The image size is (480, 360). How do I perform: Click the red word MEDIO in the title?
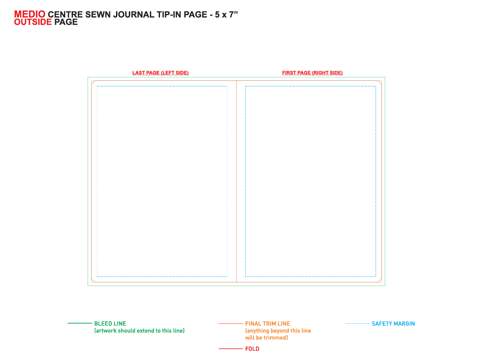pos(30,14)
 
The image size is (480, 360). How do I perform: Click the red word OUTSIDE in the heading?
pos(33,22)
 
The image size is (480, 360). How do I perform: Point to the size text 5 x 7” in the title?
pos(226,15)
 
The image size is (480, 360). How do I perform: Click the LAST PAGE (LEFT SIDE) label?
pos(160,73)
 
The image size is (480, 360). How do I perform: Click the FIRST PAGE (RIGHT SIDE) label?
pos(312,73)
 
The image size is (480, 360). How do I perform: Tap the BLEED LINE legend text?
pos(110,324)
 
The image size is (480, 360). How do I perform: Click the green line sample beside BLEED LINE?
pos(80,323)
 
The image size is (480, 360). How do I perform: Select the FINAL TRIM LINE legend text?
pos(268,324)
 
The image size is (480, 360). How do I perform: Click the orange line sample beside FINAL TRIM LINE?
pos(231,324)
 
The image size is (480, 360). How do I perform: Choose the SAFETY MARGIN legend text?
pos(393,324)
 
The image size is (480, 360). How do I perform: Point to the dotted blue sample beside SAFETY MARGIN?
pos(357,323)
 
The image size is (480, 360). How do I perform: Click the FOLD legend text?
pos(252,349)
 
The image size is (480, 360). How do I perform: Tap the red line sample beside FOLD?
pos(231,349)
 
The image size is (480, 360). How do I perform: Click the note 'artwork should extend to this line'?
pos(139,331)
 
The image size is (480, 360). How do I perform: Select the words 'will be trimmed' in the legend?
pos(266,338)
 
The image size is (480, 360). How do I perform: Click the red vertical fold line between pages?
pos(237,182)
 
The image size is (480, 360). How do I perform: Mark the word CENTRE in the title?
pos(65,15)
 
